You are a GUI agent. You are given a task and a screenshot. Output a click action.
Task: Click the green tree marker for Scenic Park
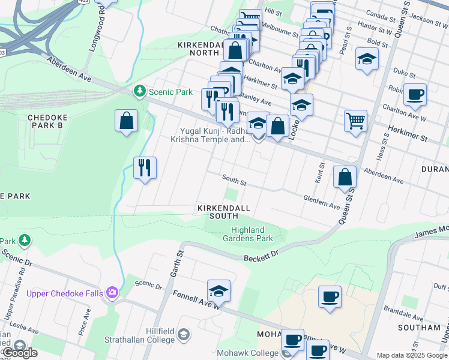139,91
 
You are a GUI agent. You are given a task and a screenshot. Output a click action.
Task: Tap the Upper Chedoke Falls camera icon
112,293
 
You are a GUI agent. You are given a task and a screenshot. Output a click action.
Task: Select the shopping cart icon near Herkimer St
355,121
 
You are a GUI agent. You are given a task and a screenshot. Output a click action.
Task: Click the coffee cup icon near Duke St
415,94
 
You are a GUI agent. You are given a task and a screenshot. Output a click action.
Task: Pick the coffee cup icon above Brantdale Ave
329,296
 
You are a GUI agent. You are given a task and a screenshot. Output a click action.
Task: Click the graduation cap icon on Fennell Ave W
219,291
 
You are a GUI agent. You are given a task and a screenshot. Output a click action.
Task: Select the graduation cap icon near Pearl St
367,59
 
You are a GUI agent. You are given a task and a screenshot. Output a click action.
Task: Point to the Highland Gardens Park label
252,234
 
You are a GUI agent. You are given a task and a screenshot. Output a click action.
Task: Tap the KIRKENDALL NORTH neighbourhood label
199,49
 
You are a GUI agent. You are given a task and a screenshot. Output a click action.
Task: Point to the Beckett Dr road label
262,257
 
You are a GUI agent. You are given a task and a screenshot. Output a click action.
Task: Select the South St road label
234,178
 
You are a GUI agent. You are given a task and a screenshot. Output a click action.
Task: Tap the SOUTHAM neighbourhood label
418,328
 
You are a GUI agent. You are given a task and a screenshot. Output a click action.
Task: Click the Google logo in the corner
19,353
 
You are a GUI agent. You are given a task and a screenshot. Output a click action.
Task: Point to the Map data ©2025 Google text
412,355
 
